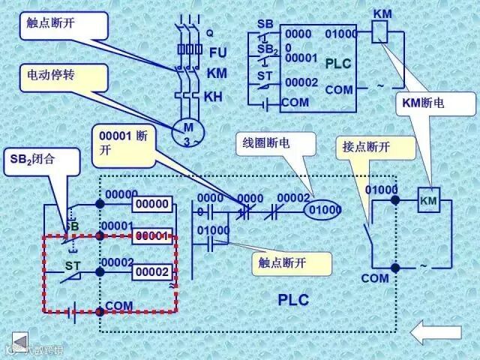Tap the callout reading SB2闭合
(x=33, y=159)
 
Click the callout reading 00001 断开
(x=124, y=144)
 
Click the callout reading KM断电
(x=424, y=104)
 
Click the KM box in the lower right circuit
(x=428, y=201)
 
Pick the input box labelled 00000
(x=152, y=204)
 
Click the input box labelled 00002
(x=152, y=272)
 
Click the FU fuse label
(x=217, y=52)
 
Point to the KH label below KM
(x=214, y=96)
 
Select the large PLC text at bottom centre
(x=293, y=299)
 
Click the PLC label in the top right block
(x=337, y=64)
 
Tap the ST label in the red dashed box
(x=73, y=265)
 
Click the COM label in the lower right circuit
(x=375, y=278)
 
